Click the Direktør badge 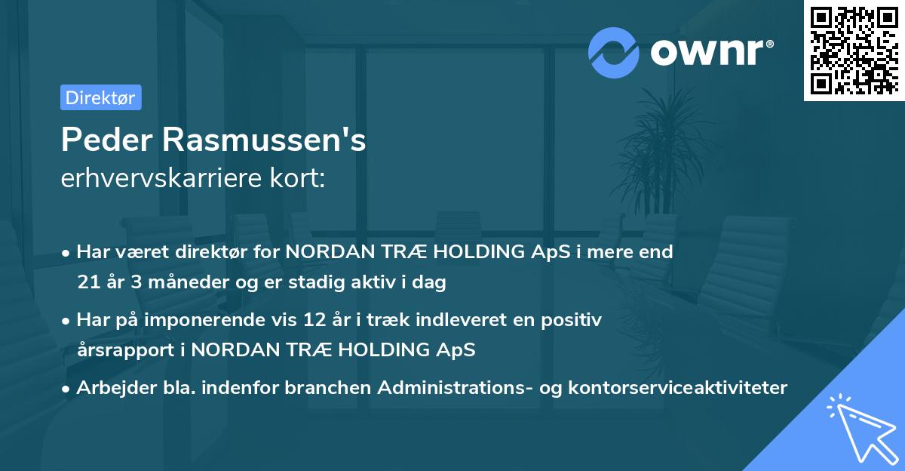100,97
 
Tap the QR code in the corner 854,50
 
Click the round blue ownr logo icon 614,52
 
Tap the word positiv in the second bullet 575,320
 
